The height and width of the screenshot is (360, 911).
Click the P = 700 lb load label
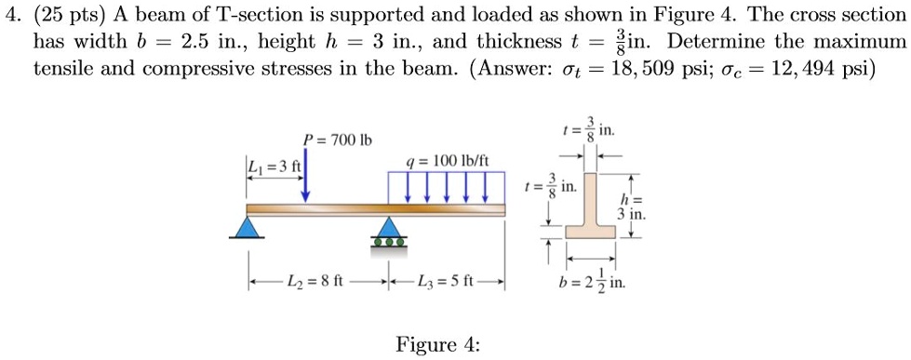pos(337,140)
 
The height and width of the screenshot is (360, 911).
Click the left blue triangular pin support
pos(247,227)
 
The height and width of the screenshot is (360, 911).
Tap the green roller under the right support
pos(388,242)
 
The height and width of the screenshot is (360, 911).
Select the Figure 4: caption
pos(437,345)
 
